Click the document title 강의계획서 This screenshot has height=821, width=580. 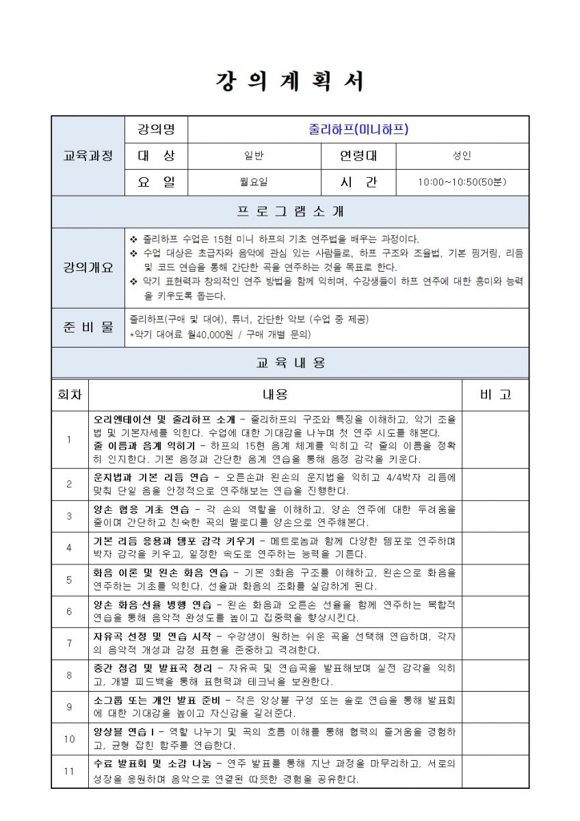tap(290, 81)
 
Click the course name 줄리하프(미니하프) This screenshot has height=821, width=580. tap(358, 129)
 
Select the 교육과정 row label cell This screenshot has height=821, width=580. tap(88, 156)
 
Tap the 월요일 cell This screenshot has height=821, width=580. tap(254, 183)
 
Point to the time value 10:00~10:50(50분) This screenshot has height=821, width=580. tap(462, 183)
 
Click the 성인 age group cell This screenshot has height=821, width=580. tap(462, 156)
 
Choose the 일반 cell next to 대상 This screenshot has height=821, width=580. tap(254, 156)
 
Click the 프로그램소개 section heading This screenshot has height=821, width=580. tap(290, 211)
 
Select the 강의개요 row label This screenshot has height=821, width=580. tap(88, 268)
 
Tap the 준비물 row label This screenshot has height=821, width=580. tap(88, 327)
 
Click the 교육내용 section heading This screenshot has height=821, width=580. tap(290, 363)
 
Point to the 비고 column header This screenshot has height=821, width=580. tap(495, 395)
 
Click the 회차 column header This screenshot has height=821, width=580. tap(70, 395)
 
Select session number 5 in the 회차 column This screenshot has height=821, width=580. tap(70, 579)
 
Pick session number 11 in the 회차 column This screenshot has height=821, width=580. tap(70, 771)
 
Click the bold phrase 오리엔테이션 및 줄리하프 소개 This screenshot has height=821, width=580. tap(164, 419)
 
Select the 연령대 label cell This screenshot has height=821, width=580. tap(358, 156)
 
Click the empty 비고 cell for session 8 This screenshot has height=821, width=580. tap(495, 675)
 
